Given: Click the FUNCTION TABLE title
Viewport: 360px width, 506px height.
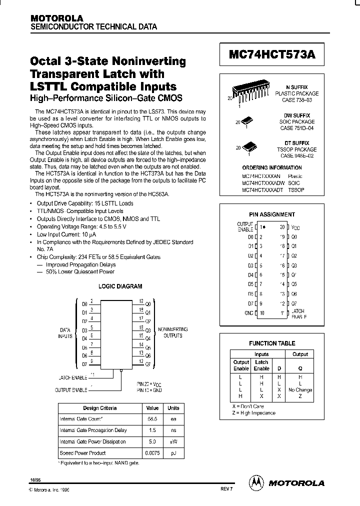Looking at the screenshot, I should [x=272, y=343].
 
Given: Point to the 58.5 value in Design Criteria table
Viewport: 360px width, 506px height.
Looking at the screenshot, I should [x=152, y=419].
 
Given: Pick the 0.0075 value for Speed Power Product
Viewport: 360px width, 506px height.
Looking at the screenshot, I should [x=152, y=453].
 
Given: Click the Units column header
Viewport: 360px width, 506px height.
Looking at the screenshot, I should [x=173, y=407].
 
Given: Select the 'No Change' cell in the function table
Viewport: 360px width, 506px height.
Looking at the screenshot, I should [x=300, y=389].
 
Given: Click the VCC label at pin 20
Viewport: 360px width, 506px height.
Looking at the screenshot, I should [x=295, y=228].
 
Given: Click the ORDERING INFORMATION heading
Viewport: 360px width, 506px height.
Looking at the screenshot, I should [x=271, y=168].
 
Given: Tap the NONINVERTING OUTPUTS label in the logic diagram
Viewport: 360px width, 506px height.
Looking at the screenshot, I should [x=173, y=332].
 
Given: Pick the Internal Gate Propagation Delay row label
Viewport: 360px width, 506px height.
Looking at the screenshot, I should [x=93, y=430].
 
